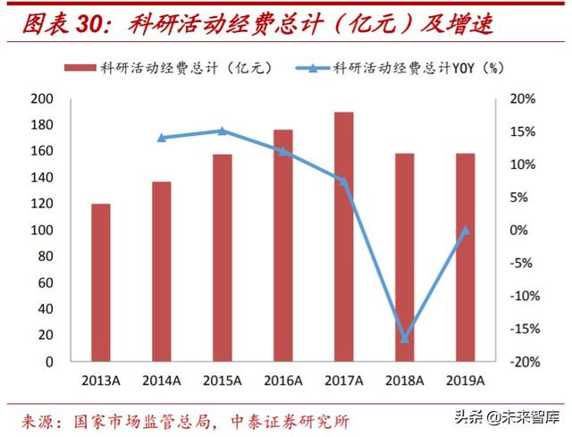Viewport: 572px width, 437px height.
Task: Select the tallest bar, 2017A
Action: coord(344,237)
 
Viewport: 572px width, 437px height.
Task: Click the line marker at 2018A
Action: coord(405,339)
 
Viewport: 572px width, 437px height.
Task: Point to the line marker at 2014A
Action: coord(162,138)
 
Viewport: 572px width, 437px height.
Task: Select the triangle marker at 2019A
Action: coord(465,230)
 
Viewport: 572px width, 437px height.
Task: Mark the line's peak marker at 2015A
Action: coord(223,131)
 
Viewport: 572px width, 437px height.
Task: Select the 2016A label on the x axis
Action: coord(283,380)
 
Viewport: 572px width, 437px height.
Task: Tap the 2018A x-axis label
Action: coord(405,380)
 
